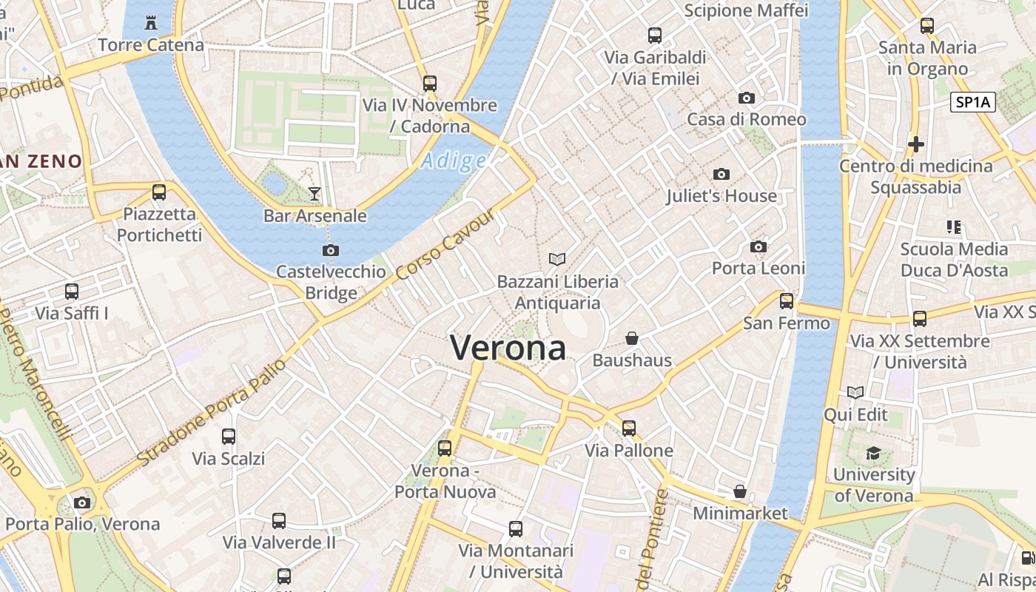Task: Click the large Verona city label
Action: point(508,348)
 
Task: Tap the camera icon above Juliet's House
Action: point(721,174)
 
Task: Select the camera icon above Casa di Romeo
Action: point(747,98)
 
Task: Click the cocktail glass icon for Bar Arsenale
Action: point(314,194)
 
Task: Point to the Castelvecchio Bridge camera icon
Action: point(331,250)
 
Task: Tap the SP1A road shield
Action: point(972,103)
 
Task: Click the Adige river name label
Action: point(454,161)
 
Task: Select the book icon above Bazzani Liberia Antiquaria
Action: point(557,259)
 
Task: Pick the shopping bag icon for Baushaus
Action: point(632,338)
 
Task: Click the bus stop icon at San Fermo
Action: point(787,301)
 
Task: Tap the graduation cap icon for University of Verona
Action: point(873,452)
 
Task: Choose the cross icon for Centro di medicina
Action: point(916,144)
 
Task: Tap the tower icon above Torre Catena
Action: point(151,22)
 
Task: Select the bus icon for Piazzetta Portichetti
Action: point(159,192)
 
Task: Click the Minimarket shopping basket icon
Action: point(739,491)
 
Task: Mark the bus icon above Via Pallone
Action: point(629,428)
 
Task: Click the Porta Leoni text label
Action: point(758,268)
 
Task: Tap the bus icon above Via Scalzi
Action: point(229,437)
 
